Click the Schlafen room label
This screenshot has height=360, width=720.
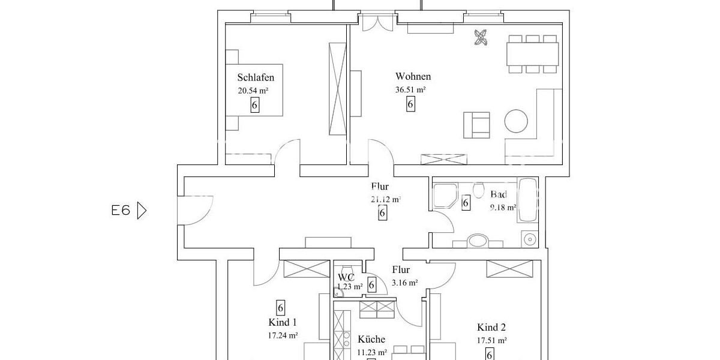(x=256, y=77)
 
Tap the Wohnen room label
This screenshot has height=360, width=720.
(x=413, y=76)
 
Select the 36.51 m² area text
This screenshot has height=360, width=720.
(x=410, y=90)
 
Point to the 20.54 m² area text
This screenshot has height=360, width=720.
(x=253, y=91)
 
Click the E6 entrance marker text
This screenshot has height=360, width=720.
(x=121, y=211)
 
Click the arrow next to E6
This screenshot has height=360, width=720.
(x=142, y=211)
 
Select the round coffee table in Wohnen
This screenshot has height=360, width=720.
(x=516, y=121)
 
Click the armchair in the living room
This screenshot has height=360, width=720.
(x=476, y=124)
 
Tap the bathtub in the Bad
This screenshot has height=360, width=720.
(x=528, y=200)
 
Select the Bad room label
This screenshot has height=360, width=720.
(x=498, y=194)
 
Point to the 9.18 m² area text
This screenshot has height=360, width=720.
(x=503, y=208)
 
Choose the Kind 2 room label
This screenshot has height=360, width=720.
(x=491, y=327)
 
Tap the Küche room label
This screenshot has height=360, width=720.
(x=371, y=340)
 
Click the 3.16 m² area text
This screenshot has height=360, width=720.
(x=404, y=283)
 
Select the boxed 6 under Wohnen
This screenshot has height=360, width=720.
(x=410, y=104)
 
